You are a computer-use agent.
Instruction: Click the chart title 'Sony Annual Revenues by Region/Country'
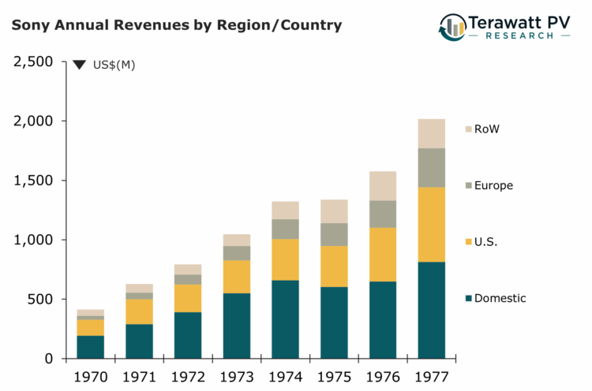tap(177, 25)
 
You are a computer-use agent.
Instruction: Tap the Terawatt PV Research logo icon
tap(453, 27)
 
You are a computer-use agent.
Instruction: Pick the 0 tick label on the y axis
tap(49, 359)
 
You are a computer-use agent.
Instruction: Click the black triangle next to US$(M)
tap(79, 65)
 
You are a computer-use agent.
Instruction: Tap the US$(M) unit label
tap(114, 65)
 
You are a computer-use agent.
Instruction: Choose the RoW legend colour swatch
tap(468, 129)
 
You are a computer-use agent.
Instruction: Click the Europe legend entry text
tap(493, 186)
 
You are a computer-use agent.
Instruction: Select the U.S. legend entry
tap(486, 242)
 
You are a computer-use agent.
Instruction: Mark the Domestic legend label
tap(500, 298)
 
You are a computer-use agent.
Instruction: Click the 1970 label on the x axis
tap(91, 376)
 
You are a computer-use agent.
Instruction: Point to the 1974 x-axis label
tap(286, 376)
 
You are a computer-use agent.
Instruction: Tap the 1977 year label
tap(432, 376)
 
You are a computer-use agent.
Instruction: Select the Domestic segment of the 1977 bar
tap(432, 310)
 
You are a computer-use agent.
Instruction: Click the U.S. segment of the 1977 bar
tap(432, 224)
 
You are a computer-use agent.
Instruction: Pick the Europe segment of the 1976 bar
tap(383, 214)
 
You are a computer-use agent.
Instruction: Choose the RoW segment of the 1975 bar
tap(334, 211)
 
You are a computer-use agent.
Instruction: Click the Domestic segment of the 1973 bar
tap(237, 326)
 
